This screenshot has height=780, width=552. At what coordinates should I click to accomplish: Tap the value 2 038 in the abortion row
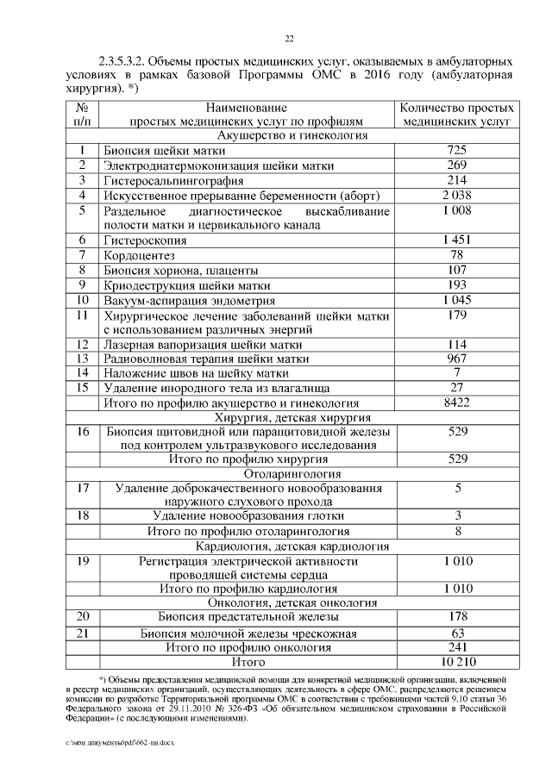tap(458, 196)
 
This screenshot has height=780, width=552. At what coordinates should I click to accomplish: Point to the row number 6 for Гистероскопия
tap(83, 240)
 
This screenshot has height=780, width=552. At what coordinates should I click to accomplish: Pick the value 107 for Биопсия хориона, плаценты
tap(458, 270)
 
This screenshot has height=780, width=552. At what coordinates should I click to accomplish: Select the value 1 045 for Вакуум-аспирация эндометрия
tap(458, 300)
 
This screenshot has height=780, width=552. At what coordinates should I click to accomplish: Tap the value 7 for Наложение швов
tap(458, 372)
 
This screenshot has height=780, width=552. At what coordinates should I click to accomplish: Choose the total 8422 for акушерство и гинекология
tap(458, 402)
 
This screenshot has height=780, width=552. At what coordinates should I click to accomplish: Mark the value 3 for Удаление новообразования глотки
tap(458, 515)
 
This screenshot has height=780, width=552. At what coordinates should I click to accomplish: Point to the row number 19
tap(83, 562)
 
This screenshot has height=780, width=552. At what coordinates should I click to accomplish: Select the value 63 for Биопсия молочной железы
tap(458, 633)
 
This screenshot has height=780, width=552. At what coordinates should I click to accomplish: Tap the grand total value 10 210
tap(458, 662)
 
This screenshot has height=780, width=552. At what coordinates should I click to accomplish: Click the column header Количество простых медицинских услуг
tap(458, 115)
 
